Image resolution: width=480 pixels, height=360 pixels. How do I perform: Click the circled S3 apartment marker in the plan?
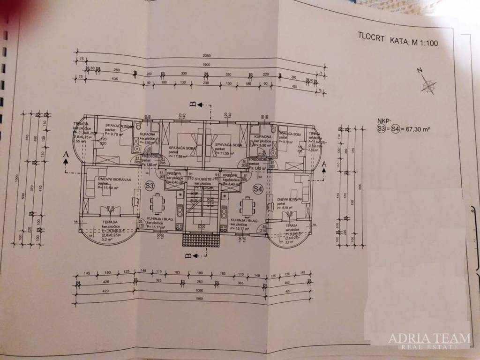(x=150, y=186)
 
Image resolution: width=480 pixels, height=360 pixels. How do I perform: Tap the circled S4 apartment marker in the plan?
(x=257, y=189)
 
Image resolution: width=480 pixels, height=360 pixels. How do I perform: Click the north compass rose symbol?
(x=427, y=85)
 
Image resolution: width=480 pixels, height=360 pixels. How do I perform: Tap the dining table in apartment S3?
(x=157, y=205)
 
